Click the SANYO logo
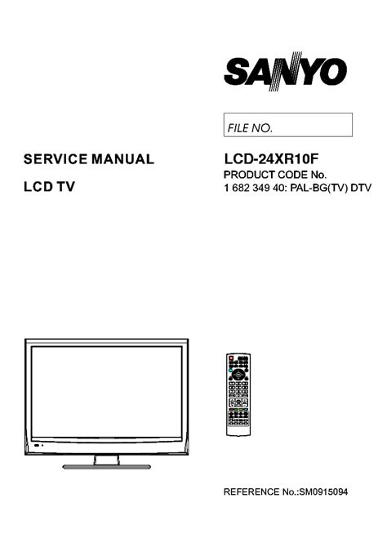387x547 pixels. [285, 71]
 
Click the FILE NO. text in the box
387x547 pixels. [250, 128]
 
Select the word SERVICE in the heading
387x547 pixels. [56, 159]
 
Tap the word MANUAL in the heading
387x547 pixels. [122, 159]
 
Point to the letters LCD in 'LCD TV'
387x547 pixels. [38, 187]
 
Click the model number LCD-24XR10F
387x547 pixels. [271, 159]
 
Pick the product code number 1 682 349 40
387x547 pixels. [253, 188]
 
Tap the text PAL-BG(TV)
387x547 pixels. [319, 188]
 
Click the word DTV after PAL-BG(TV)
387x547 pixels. [361, 188]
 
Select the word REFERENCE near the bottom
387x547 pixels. [251, 491]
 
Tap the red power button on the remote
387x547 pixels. [231, 358]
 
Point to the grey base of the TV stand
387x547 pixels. [106, 467]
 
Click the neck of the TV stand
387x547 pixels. [106, 460]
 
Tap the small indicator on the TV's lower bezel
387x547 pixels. [37, 446]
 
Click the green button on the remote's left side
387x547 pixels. [230, 370]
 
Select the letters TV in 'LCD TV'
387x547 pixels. [66, 187]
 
